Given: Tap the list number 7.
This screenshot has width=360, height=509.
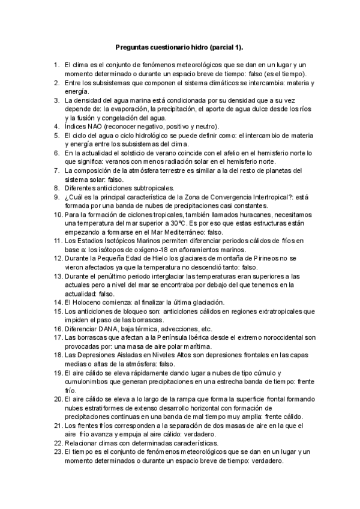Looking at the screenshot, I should coord(56,170).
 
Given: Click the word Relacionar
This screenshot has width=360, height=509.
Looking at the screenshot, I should coord(81,443).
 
